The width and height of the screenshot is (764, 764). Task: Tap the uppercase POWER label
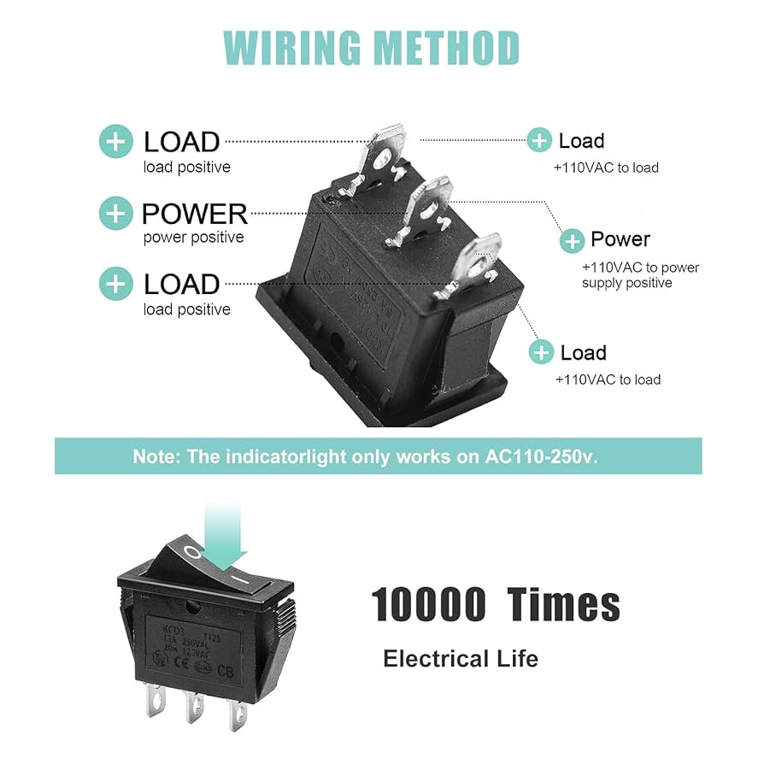(195, 213)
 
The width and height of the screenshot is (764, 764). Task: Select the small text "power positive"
(193, 238)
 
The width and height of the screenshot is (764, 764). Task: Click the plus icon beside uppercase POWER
(116, 213)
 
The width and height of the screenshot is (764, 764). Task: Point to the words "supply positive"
(627, 283)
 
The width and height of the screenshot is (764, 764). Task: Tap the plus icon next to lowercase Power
(572, 241)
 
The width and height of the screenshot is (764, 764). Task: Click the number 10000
(428, 605)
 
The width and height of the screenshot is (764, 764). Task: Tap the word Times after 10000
(563, 605)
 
